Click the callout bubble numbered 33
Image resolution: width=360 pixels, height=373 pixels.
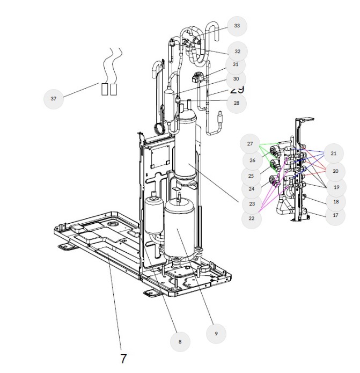click(237, 26)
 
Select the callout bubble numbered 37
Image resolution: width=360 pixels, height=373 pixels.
click(54, 99)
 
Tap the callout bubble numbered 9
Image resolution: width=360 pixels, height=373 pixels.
click(216, 333)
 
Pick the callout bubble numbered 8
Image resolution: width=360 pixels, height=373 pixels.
click(180, 341)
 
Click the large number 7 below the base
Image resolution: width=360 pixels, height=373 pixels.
click(123, 359)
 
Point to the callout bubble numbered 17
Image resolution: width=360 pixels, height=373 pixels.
click(335, 215)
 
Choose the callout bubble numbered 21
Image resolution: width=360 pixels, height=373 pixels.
click(334, 153)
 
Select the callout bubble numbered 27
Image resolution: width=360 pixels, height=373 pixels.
click(250, 144)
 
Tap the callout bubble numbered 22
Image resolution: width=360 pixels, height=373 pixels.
click(251, 218)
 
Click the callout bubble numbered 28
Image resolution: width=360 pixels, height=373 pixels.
click(237, 103)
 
